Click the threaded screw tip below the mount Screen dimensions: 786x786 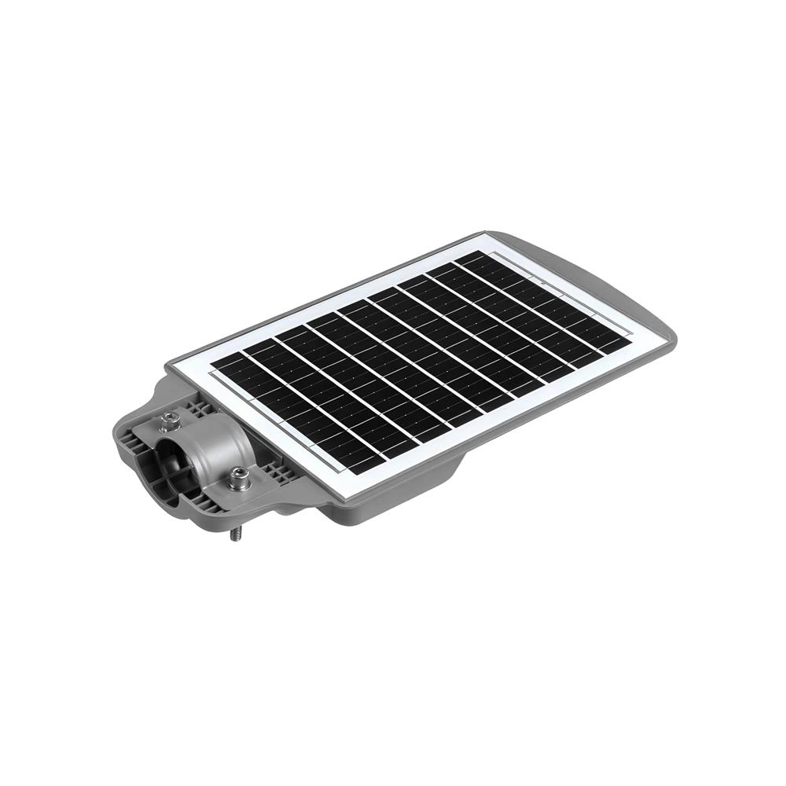tap(235, 534)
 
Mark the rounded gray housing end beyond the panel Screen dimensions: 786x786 tap(652, 314)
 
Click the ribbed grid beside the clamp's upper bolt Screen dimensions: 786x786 tap(196, 409)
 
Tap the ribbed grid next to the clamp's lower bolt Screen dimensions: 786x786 tap(277, 472)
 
